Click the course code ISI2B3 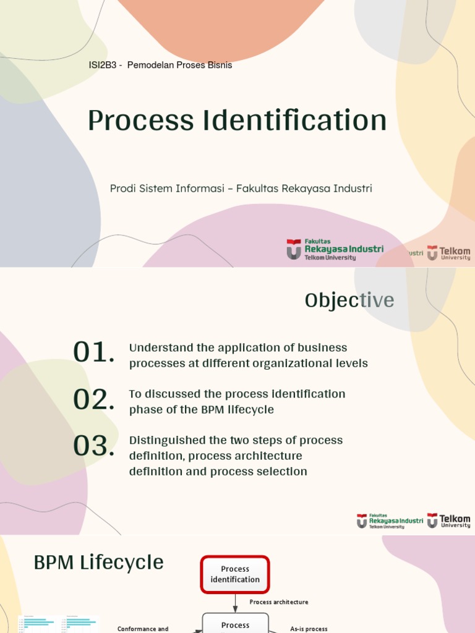click(103, 65)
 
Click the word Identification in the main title click(294, 121)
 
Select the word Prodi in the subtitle click(122, 189)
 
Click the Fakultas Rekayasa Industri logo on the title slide click(335, 250)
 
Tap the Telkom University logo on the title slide click(448, 253)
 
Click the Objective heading click(349, 300)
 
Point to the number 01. click(93, 353)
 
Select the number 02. click(93, 399)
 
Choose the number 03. click(93, 446)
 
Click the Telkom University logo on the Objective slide click(448, 520)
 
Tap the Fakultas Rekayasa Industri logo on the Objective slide click(390, 521)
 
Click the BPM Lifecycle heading click(98, 563)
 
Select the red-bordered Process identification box click(235, 574)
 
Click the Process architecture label click(278, 602)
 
